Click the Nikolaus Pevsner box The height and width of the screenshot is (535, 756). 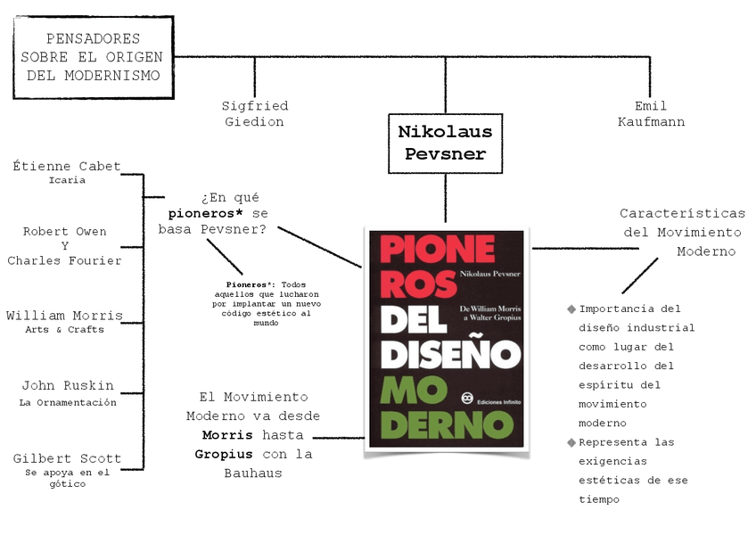click(x=445, y=143)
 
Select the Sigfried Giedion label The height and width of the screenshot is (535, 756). click(x=255, y=114)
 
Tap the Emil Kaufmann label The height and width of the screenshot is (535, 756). click(x=651, y=114)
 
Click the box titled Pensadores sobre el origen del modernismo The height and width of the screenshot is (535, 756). click(x=94, y=57)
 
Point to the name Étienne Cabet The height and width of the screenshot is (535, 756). click(x=67, y=166)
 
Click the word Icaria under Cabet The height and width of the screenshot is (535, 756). click(x=67, y=180)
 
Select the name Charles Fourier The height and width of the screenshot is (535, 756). click(x=64, y=261)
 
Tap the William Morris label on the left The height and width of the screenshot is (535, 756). click(x=64, y=316)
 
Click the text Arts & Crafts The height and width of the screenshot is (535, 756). click(x=64, y=330)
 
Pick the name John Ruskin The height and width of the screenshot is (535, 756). click(x=68, y=386)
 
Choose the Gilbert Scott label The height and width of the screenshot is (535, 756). click(x=67, y=459)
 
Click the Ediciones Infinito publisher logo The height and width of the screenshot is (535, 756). click(x=464, y=399)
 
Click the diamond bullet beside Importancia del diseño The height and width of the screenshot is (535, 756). click(x=571, y=309)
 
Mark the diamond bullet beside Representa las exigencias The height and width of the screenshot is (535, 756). click(x=571, y=442)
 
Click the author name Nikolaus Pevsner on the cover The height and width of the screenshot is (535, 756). click(x=491, y=276)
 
